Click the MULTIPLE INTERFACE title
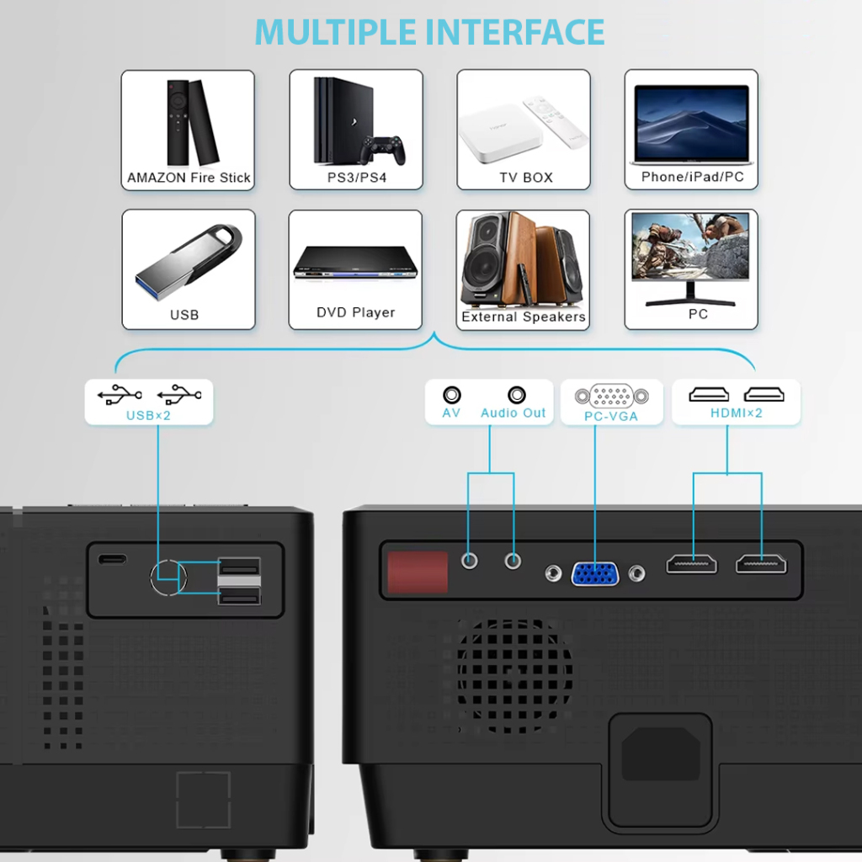click(430, 32)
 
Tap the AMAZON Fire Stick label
click(189, 178)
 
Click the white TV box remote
click(555, 123)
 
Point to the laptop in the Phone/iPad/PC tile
click(691, 124)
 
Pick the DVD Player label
click(355, 312)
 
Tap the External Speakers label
click(523, 317)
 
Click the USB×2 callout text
click(149, 414)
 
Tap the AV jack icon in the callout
click(452, 394)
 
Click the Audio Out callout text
click(513, 412)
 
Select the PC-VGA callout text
click(611, 416)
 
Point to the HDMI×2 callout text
click(736, 412)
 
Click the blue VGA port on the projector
click(595, 573)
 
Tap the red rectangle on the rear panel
click(417, 572)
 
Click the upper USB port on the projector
click(239, 567)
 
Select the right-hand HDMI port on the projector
click(761, 563)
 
